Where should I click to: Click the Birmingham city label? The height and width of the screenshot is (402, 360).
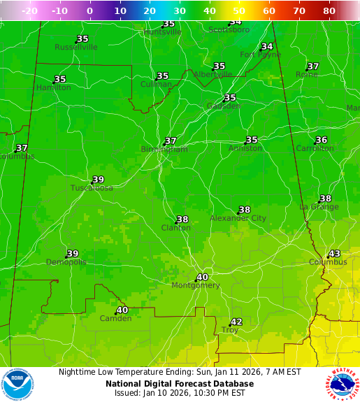click(x=164, y=150)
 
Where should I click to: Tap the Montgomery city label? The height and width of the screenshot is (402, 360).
click(x=196, y=285)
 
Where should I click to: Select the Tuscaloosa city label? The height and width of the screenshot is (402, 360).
click(x=92, y=188)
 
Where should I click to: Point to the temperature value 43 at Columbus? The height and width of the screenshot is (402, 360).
click(x=334, y=254)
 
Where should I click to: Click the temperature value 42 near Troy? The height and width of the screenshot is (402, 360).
click(x=236, y=322)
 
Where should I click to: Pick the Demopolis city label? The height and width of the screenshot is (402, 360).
click(x=66, y=262)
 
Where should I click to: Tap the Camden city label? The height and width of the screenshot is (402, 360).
click(x=115, y=319)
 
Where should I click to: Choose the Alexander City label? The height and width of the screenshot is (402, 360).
click(x=238, y=218)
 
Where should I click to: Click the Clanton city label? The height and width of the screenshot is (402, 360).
click(x=175, y=228)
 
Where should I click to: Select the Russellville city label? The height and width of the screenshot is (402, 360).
click(x=76, y=48)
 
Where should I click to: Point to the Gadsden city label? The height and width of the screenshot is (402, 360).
click(x=224, y=106)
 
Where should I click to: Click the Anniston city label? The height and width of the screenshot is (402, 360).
click(x=245, y=148)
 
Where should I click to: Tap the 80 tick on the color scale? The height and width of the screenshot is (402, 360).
click(x=329, y=11)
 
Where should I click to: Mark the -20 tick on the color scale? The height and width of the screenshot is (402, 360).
click(x=29, y=11)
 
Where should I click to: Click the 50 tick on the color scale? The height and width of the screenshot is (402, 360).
click(x=239, y=11)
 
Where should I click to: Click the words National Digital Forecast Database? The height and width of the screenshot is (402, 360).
click(x=180, y=383)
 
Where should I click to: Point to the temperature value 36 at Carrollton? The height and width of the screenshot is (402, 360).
click(x=321, y=140)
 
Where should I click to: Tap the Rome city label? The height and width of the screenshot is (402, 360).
click(x=306, y=74)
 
